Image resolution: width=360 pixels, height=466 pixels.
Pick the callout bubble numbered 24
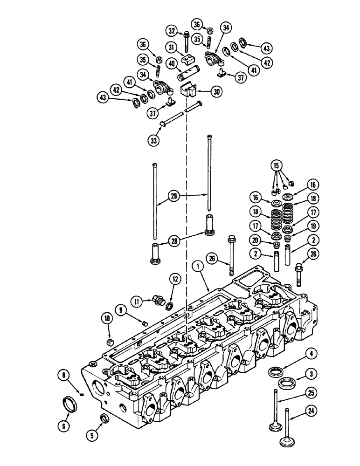click(310, 411)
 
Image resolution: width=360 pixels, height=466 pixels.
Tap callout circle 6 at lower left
click(65, 412)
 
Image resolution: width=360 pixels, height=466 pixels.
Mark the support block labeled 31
click(188, 60)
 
